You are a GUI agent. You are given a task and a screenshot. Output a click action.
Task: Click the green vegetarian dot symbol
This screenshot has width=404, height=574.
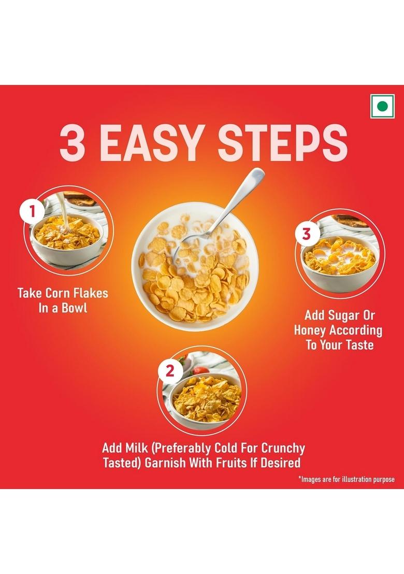point(382,107)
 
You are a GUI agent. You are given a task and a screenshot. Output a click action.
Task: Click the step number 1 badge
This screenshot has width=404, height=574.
point(32,212)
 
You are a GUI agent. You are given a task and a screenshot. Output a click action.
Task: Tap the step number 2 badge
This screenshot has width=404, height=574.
point(170,370)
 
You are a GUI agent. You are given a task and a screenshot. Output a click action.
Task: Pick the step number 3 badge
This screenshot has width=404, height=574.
point(307,234)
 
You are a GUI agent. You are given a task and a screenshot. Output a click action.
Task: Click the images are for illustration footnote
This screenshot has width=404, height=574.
point(345,479)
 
